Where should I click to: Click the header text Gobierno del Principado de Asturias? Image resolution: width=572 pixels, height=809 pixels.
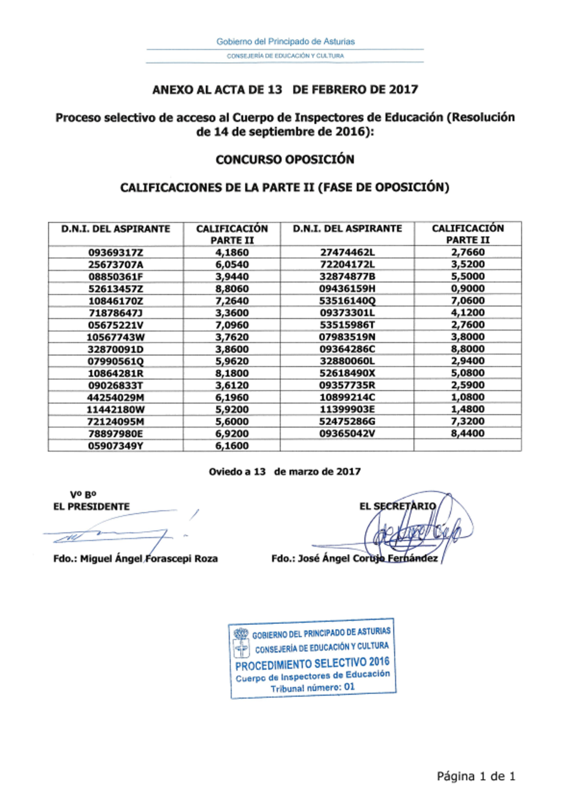point(285,42)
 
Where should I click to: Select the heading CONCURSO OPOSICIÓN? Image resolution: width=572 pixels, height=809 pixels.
point(285,160)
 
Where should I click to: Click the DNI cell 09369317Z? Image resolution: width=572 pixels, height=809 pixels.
point(116,253)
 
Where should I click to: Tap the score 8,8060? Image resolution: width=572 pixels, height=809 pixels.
point(232,289)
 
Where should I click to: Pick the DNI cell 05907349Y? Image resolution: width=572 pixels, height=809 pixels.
point(116,446)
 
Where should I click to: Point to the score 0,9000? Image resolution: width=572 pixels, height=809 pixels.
point(467,289)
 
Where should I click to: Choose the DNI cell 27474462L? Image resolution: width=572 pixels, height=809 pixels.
point(347,252)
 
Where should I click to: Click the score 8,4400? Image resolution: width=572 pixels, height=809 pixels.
point(467,433)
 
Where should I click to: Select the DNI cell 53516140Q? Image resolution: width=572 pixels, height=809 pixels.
point(347,301)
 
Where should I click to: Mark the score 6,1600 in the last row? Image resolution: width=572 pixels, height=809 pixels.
point(232,446)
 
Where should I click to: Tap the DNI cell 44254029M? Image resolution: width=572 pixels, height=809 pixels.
point(116,397)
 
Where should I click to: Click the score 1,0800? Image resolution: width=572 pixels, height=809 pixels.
point(467,397)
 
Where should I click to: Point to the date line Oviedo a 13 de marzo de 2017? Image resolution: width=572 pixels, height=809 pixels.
point(284,472)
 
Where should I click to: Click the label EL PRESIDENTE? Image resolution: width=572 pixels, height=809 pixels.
point(92,507)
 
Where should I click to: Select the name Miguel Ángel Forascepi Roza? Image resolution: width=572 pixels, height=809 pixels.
point(149,559)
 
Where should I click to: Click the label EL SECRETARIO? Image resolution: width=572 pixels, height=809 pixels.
point(398,506)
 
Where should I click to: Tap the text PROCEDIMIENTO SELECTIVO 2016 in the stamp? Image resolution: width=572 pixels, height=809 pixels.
point(312,664)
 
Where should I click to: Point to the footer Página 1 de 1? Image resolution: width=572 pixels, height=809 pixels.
point(476,776)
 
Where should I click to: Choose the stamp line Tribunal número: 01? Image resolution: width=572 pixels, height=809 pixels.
point(312,688)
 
